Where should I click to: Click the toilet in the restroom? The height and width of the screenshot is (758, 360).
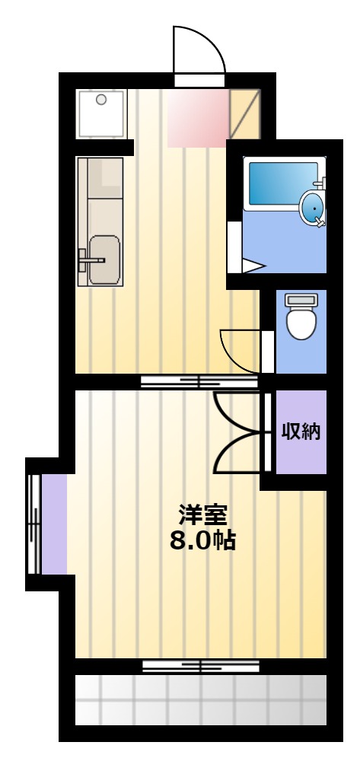coord(301,317)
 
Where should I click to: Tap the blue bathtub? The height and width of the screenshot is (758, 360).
coord(284,183)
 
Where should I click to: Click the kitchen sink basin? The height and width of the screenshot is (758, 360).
coord(104,260)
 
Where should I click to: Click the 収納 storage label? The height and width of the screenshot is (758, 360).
coord(301,431)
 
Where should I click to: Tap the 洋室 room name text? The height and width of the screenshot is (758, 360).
coord(202,515)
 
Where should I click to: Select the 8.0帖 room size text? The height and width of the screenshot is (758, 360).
coord(202,541)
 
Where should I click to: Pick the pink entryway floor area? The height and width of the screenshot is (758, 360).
coord(198,118)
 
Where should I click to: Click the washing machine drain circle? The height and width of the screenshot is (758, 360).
coord(101,100)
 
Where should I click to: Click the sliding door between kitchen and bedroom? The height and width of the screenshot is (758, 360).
coord(199,382)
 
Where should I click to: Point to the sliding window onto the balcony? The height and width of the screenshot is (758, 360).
coord(201,666)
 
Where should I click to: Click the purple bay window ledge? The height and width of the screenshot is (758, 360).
coord(54,524)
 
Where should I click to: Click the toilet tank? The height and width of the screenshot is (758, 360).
coord(301,300)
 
